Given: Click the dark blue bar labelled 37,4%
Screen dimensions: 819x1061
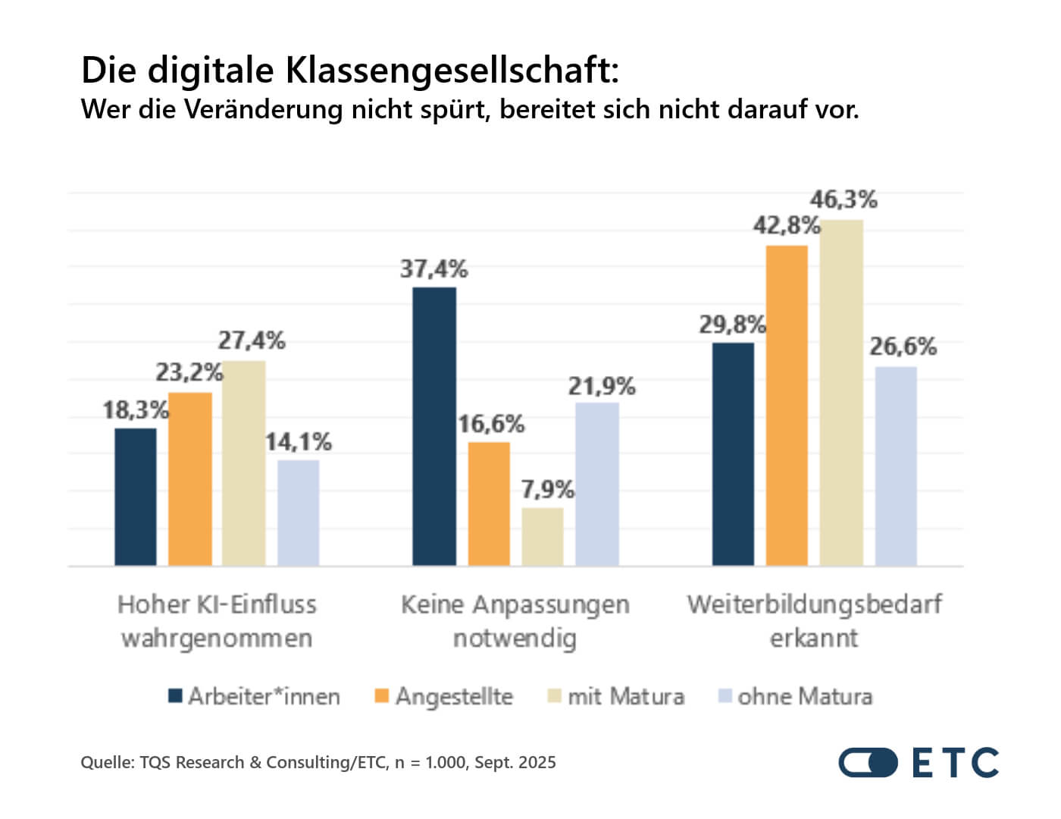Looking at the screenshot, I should [434, 426].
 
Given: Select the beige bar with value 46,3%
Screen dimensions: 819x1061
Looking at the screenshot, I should [841, 393].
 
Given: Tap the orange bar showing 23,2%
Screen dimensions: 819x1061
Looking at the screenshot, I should [190, 479].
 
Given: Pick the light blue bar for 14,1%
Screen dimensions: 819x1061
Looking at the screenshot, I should [298, 513].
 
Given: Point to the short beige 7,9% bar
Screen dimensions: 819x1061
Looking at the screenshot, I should [543, 536].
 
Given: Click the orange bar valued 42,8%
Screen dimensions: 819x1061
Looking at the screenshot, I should [787, 406].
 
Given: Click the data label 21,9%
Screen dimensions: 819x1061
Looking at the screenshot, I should [602, 387].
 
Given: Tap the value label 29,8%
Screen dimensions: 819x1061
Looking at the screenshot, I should [732, 325].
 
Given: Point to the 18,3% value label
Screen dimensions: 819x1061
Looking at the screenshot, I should [136, 410].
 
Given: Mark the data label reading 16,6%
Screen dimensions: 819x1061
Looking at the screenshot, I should [491, 424].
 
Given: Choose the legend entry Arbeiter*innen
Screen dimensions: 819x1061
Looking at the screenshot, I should [255, 696].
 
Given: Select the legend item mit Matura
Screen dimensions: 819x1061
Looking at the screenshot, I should [616, 696].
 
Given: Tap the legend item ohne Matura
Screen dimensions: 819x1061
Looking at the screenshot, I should [796, 696].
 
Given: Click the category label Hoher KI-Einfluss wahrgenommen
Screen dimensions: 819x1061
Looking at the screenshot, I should [217, 621].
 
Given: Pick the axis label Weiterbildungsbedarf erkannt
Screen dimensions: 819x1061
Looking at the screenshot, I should [814, 621].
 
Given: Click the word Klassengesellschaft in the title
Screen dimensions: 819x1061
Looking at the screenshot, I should [452, 71].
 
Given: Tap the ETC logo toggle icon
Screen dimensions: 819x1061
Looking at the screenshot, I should [868, 763].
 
